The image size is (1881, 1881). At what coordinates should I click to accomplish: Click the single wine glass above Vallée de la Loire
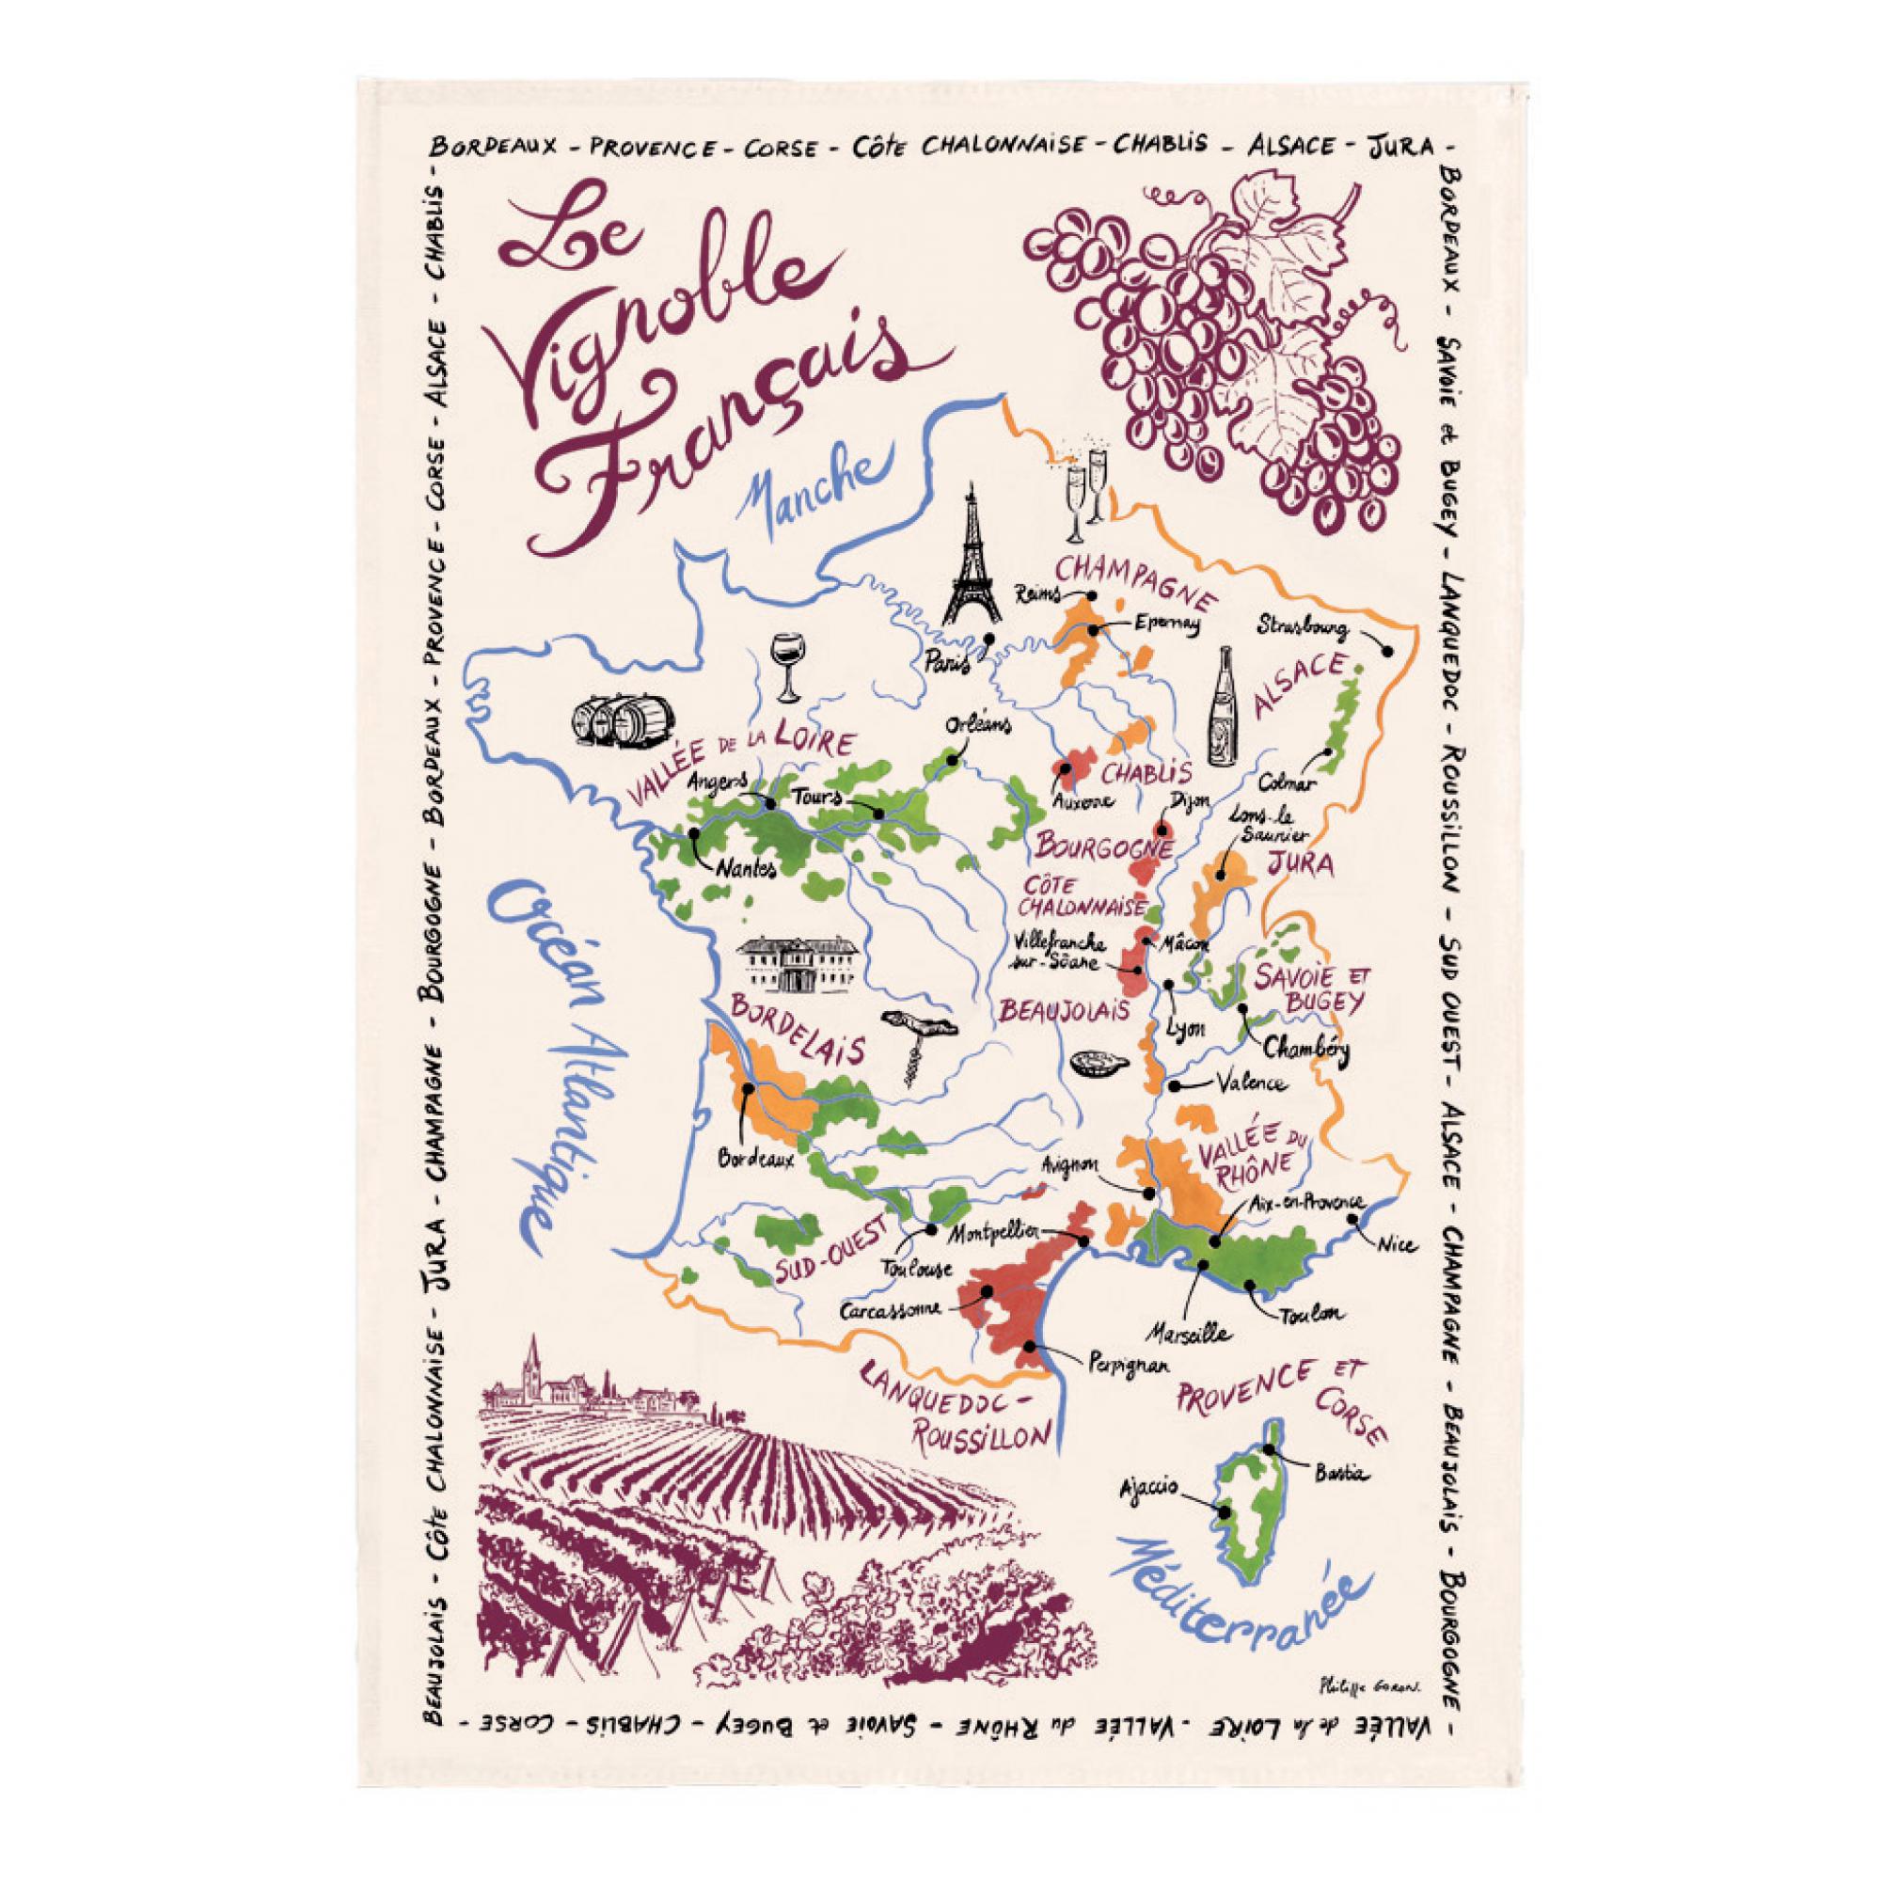coord(784,667)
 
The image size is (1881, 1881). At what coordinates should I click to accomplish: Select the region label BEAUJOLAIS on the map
coord(1056,1008)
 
